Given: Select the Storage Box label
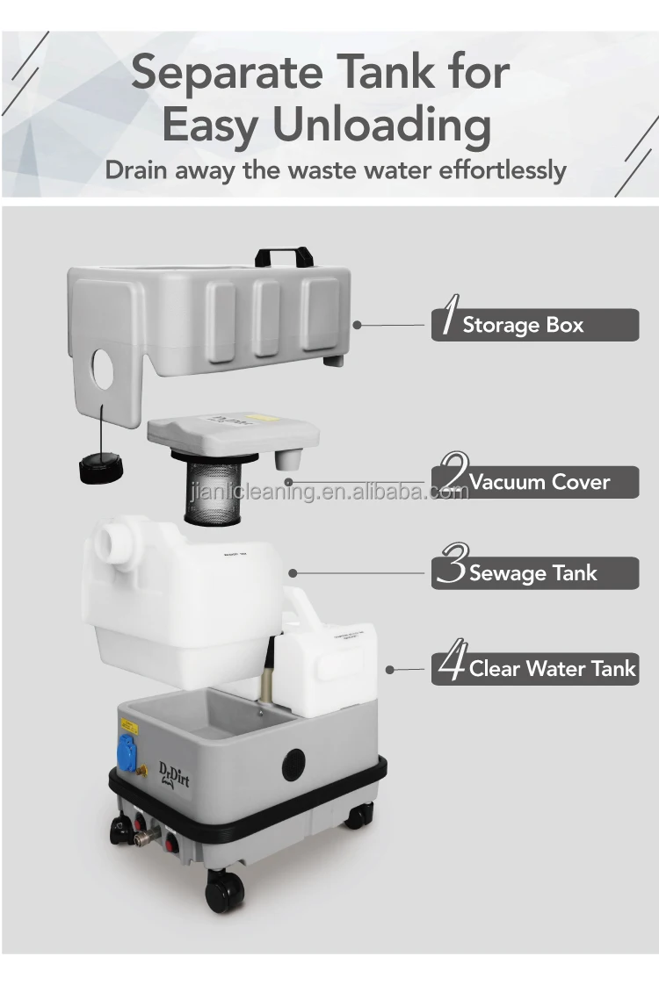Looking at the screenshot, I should (x=523, y=325).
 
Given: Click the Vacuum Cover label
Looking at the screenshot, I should (x=539, y=482).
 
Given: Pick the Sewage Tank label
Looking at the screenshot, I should (x=532, y=573).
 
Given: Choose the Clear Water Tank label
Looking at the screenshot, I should (x=552, y=669).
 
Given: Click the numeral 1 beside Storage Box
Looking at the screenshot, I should (x=447, y=321).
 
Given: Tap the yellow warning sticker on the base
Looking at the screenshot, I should (x=129, y=726).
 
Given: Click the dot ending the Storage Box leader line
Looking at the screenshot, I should (x=357, y=325).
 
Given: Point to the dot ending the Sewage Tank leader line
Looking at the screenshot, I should (x=293, y=573).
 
